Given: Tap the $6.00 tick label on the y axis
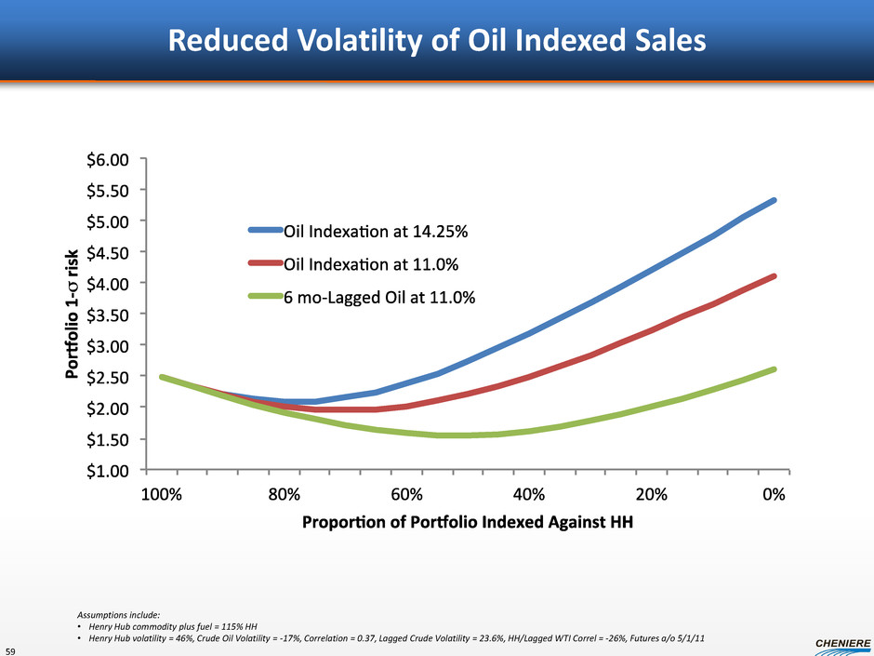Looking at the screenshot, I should (x=110, y=159).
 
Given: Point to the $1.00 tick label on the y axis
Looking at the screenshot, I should (x=110, y=470).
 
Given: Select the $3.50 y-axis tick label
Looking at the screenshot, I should (x=110, y=315).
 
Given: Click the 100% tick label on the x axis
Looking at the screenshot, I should (x=162, y=495).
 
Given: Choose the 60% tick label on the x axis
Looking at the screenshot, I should (x=406, y=495).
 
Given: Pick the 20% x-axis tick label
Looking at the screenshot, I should (x=651, y=495).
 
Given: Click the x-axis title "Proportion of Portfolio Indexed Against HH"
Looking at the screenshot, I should (x=468, y=522).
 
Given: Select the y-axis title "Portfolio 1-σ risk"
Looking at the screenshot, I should (x=72, y=315).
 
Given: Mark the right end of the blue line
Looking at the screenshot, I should (x=774, y=200).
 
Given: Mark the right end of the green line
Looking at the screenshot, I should (x=774, y=369).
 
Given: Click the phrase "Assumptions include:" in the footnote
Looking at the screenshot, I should (x=118, y=614).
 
